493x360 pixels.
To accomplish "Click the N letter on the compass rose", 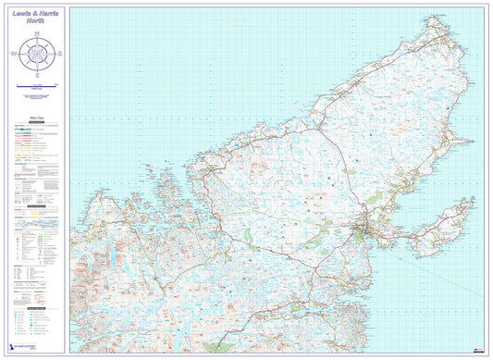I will [x=37, y=34].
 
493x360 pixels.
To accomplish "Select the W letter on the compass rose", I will [x=15, y=56].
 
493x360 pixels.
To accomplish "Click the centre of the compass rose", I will [x=37, y=56].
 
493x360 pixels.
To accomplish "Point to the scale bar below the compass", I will [x=37, y=85].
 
